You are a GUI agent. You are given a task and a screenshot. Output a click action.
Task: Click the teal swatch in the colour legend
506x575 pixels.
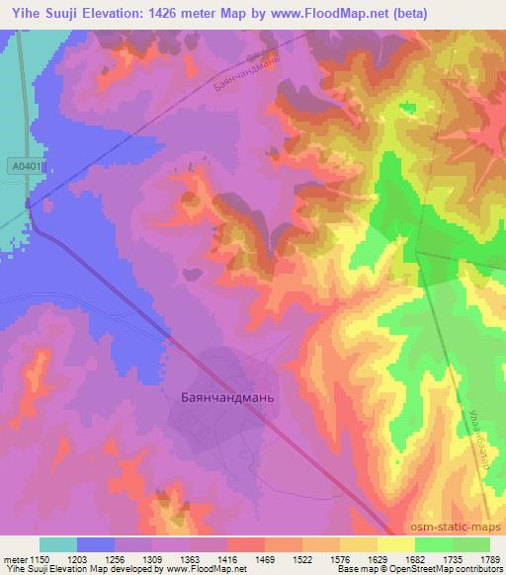(58, 544)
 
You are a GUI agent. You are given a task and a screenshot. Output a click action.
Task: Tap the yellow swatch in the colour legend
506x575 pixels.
(396, 544)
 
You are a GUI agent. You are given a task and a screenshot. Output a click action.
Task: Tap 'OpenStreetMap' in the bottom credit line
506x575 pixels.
(426, 570)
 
